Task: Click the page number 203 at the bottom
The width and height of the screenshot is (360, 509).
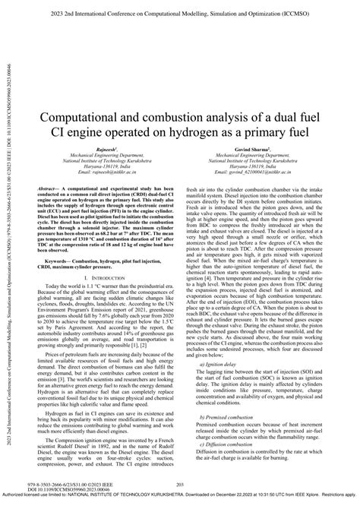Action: pyautogui.click(x=181, y=484)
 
